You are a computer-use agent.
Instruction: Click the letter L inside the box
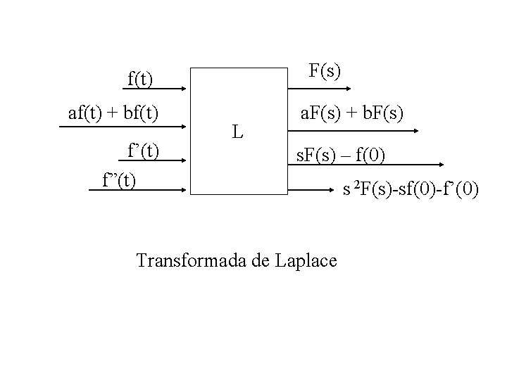point(239,131)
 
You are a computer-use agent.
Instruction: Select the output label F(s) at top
point(325,71)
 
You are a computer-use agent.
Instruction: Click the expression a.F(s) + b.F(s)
point(351,112)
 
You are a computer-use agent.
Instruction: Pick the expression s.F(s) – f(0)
point(340,155)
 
